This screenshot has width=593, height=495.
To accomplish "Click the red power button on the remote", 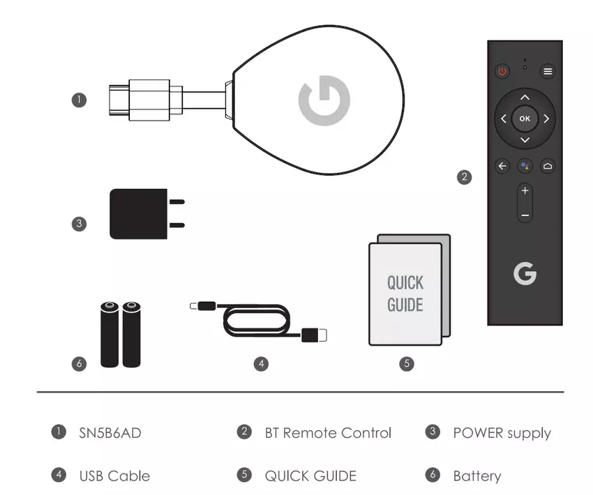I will [502, 71].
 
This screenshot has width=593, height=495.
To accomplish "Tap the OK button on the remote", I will [525, 119].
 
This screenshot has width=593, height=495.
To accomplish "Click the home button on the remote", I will [548, 166].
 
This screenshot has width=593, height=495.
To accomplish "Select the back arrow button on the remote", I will [502, 166].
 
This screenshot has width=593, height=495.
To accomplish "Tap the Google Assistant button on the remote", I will [525, 166].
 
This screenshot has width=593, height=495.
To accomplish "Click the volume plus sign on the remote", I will [525, 191].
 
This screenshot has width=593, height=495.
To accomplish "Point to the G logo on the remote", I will [525, 273].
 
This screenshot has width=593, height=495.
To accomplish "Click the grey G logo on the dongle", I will [324, 102].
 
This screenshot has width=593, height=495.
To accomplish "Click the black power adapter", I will [140, 213].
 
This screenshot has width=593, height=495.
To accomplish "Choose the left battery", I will [110, 335].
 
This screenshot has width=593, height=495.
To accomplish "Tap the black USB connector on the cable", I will [313, 335].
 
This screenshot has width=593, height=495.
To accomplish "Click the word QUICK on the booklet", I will [405, 282].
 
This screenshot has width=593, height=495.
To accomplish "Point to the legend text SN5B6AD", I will [110, 433].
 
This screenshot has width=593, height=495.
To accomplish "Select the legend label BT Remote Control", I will [328, 433].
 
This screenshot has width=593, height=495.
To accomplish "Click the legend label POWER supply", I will [502, 433].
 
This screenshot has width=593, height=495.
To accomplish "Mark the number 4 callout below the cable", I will [261, 363].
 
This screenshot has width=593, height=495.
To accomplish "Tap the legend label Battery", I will [477, 476].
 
